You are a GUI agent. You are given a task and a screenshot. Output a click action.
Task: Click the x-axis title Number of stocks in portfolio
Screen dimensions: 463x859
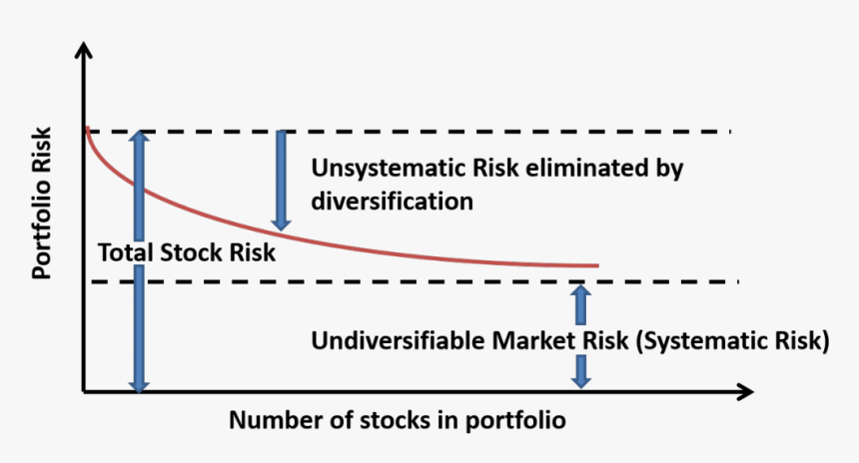pos(397,420)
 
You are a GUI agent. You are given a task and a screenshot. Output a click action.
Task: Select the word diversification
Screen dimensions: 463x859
pos(392,201)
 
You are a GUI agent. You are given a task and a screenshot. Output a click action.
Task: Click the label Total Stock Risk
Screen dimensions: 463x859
pos(186,253)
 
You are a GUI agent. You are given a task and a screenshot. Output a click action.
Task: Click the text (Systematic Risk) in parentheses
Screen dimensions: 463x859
pos(733,341)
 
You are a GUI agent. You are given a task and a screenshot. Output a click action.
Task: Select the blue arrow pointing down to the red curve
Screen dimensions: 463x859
pos(282,180)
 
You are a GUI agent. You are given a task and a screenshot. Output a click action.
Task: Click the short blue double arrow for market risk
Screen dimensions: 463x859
pos(580,336)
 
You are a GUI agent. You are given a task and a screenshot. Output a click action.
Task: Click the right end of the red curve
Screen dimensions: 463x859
pos(596,265)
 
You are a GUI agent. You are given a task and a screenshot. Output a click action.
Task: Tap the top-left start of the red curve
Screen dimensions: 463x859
pos(88,130)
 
